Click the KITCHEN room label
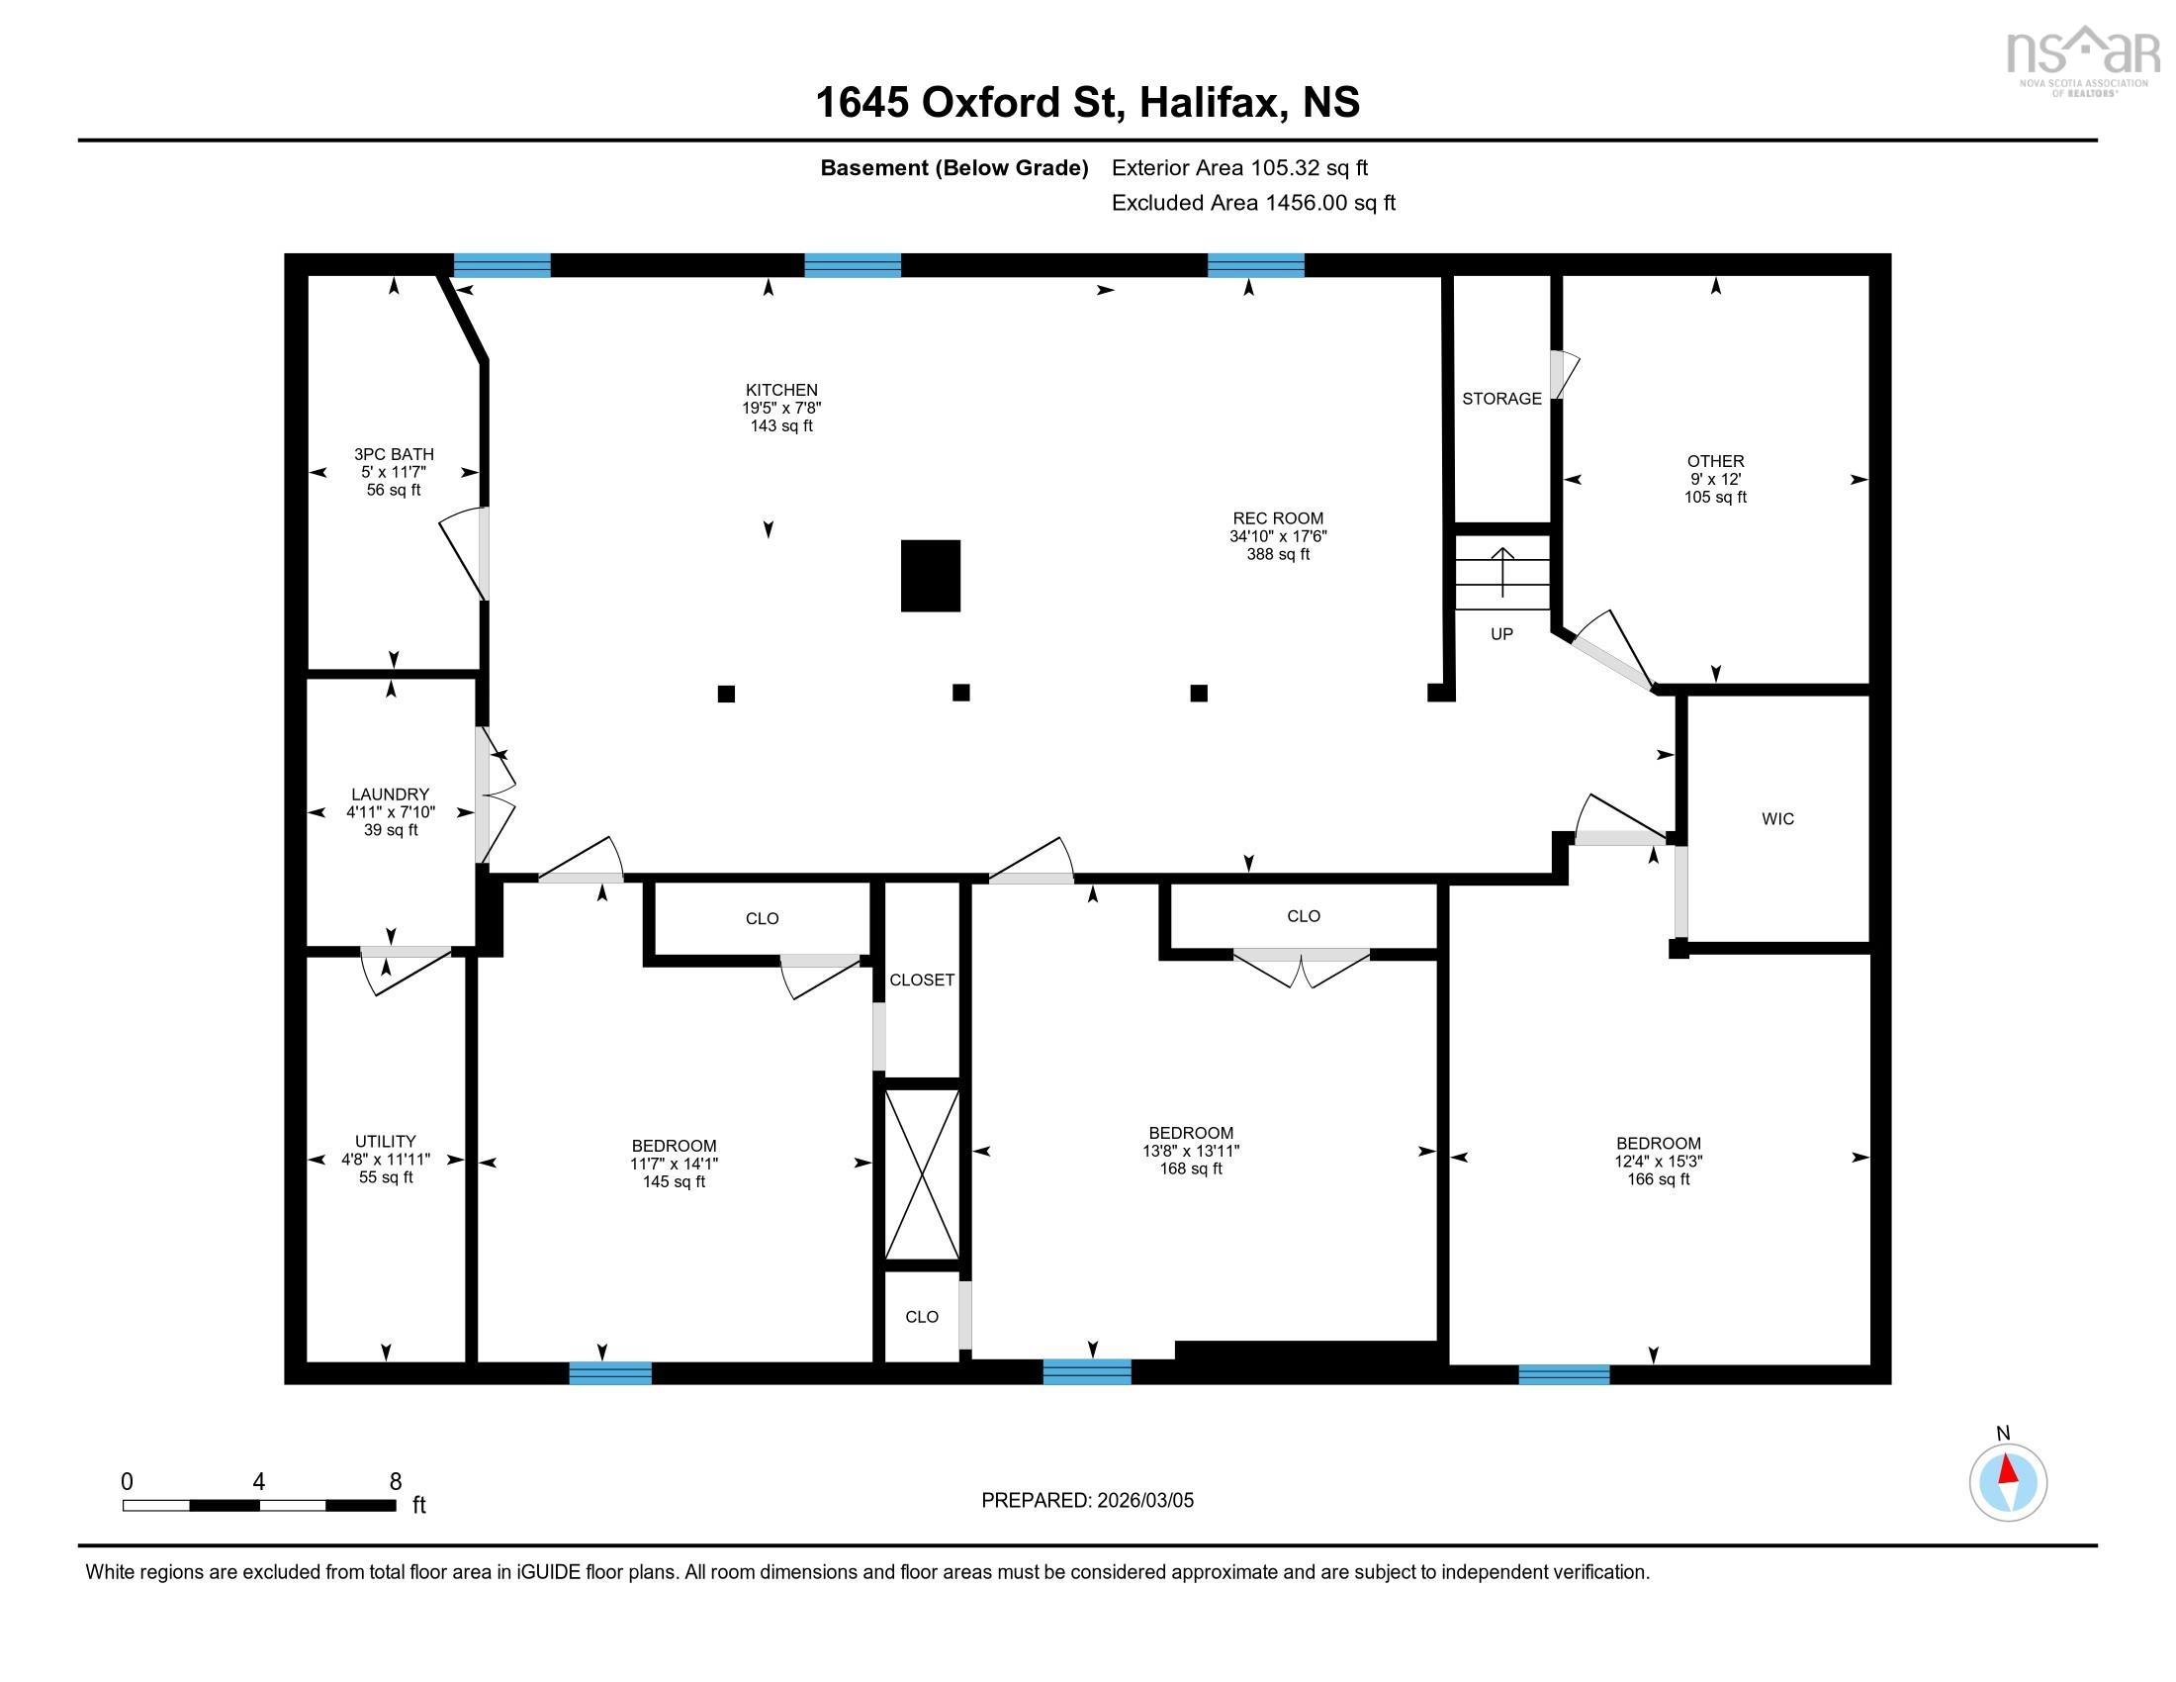[x=781, y=390]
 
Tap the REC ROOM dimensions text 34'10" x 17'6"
[x=1277, y=536]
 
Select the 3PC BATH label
[x=394, y=454]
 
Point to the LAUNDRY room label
[x=390, y=794]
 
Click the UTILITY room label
[x=386, y=1141]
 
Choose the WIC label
[x=1777, y=819]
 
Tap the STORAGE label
[x=1501, y=399]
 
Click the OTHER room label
[x=1715, y=461]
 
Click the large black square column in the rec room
[x=931, y=576]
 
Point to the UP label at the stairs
[x=1501, y=634]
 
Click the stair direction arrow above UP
[x=1502, y=571]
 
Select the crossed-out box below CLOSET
[x=923, y=1174]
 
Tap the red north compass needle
[x=2009, y=1469]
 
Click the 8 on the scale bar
[x=395, y=1481]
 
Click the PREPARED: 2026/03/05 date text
[x=1087, y=1500]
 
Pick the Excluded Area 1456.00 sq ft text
[x=1252, y=203]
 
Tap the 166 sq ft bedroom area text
[x=1658, y=1178]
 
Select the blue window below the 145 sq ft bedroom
[x=609, y=1372]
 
